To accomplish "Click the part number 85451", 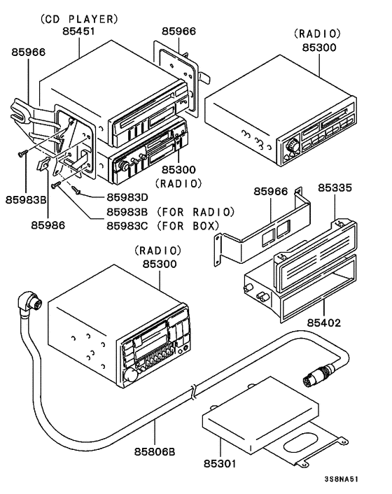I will [x=79, y=31].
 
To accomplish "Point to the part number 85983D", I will [x=127, y=197].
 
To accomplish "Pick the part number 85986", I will [x=48, y=225].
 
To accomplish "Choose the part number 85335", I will [x=336, y=188].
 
